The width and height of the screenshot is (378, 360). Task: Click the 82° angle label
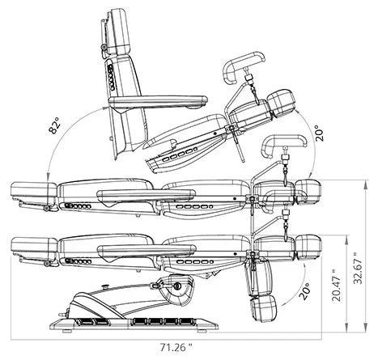[x=54, y=125]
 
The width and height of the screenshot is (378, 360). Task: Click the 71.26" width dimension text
[x=176, y=347]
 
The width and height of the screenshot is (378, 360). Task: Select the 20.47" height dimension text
[x=337, y=286]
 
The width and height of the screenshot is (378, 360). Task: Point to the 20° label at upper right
[x=320, y=133]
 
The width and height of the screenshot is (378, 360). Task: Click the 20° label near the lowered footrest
[x=304, y=291]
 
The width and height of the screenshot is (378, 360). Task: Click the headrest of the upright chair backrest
[x=118, y=31]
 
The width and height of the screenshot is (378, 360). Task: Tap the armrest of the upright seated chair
[x=158, y=100]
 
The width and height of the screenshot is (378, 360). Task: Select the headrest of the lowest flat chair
[x=34, y=246]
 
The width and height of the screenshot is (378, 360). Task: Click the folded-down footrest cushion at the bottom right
[x=264, y=309]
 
